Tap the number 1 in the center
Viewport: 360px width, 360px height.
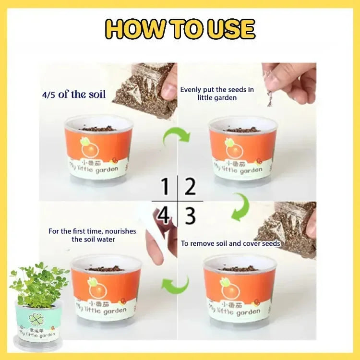pos(165,186)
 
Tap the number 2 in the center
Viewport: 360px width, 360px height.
pos(191,186)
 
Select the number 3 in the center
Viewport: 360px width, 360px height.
pos(191,216)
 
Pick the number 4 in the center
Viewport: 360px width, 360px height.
pos(164,216)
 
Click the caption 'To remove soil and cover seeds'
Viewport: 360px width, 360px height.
pos(230,243)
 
